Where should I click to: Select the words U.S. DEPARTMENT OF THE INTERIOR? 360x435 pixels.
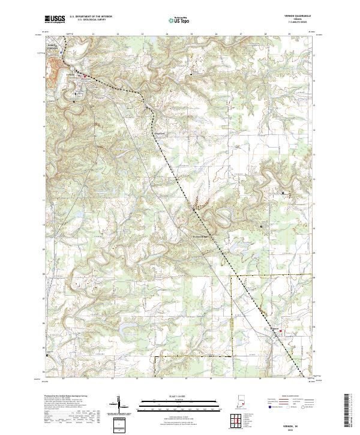coord(90,16)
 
